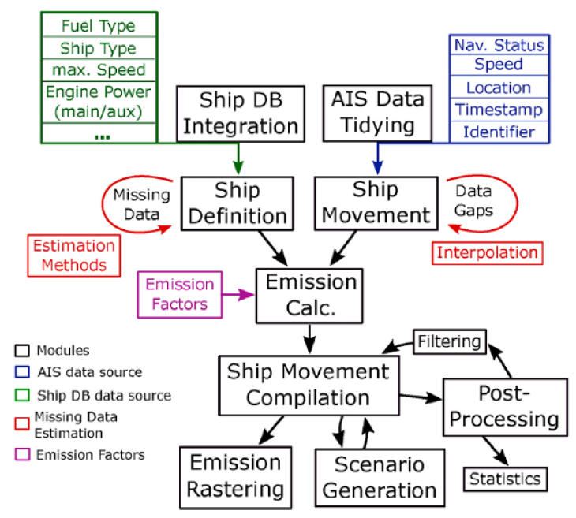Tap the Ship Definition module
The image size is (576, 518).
pyautogui.click(x=238, y=203)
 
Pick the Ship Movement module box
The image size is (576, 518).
pyautogui.click(x=376, y=203)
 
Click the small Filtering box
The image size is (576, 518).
pyautogui.click(x=449, y=341)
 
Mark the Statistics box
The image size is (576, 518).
pyautogui.click(x=504, y=478)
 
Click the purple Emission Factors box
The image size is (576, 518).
pyautogui.click(x=179, y=293)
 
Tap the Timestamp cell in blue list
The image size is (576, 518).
pyautogui.click(x=498, y=110)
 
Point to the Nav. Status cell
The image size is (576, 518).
pyautogui.click(x=498, y=45)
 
